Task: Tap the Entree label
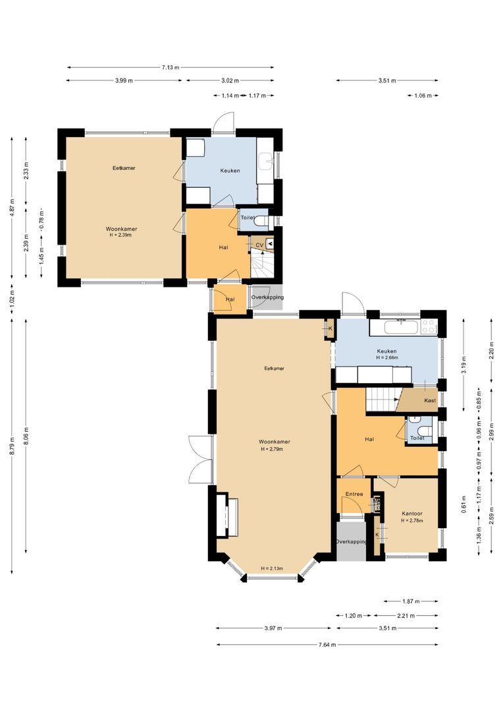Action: (x=354, y=494)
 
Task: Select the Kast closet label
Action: (x=430, y=400)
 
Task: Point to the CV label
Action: (x=259, y=245)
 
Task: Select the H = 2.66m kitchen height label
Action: (x=386, y=359)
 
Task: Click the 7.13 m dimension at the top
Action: (x=171, y=67)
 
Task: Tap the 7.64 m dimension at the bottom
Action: (x=327, y=644)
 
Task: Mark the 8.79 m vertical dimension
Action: (x=11, y=446)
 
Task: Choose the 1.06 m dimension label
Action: (x=423, y=96)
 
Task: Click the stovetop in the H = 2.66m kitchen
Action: (x=429, y=325)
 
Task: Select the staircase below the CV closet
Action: (x=262, y=264)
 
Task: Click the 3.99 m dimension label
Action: (x=124, y=80)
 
